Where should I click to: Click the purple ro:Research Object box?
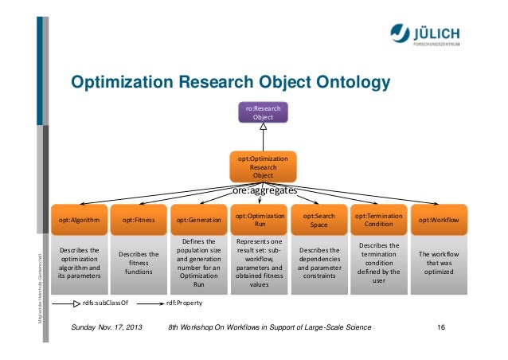pyautogui.click(x=263, y=112)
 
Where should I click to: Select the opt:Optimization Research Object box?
pyautogui.click(x=263, y=166)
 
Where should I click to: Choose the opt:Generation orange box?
pyautogui.click(x=198, y=218)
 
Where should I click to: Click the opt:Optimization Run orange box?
pyautogui.click(x=260, y=218)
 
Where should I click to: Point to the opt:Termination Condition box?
pyautogui.click(x=379, y=218)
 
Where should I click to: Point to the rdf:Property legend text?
pyautogui.click(x=183, y=303)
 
